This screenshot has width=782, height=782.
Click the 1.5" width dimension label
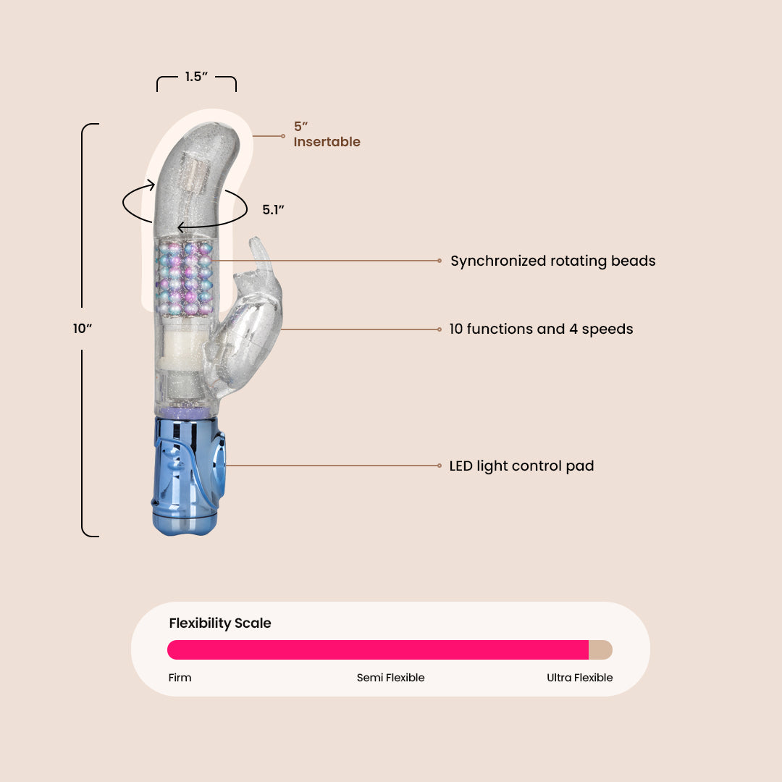click(196, 77)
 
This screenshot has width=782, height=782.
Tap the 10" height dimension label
click(82, 329)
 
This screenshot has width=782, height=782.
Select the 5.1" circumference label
click(273, 210)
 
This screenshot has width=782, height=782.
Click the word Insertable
click(327, 142)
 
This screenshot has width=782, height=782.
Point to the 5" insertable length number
click(300, 127)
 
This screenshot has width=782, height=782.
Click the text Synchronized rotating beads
click(552, 261)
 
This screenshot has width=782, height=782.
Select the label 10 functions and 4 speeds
click(541, 329)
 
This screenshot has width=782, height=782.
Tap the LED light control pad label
click(521, 466)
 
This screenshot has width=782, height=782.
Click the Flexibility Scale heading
click(220, 623)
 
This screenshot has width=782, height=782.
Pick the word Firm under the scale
click(180, 678)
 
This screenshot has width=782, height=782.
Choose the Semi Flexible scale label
click(390, 678)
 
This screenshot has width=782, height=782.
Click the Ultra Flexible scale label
click(579, 678)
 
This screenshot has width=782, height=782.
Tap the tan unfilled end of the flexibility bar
click(601, 649)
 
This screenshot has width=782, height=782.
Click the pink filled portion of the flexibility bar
click(377, 649)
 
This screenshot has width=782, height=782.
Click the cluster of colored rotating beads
click(185, 278)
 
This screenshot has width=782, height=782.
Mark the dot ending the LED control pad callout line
click(440, 466)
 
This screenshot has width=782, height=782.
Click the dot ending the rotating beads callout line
click(440, 261)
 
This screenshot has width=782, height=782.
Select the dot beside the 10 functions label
click(440, 329)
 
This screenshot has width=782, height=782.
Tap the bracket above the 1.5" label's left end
click(158, 83)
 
